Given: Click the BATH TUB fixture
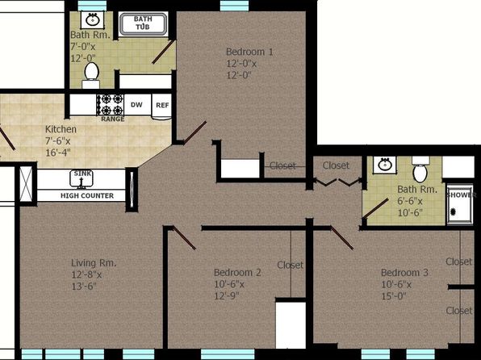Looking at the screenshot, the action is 143,23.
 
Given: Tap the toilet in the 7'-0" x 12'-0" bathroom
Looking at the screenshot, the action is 91,75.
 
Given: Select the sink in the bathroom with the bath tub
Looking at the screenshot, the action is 92,20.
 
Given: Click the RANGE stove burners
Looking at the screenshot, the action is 111,105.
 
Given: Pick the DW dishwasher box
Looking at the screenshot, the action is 137,105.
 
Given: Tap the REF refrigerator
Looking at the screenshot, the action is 161,107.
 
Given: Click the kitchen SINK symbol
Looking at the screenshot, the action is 82,178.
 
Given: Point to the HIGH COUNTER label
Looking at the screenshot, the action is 87,195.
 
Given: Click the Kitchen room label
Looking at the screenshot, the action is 61,129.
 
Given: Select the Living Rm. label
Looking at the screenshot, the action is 94,263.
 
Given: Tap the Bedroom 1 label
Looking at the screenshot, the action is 249,52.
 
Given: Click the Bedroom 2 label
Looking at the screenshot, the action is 237,272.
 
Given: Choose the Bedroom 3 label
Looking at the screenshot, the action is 404,272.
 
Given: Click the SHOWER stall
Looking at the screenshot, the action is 460,203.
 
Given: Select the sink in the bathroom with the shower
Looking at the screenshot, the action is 385,165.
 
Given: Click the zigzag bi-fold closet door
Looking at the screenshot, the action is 337,182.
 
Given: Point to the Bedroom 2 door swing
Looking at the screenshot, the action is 184,238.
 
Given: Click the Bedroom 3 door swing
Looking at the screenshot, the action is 341,238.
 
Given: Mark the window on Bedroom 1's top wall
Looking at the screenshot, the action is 234,6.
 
